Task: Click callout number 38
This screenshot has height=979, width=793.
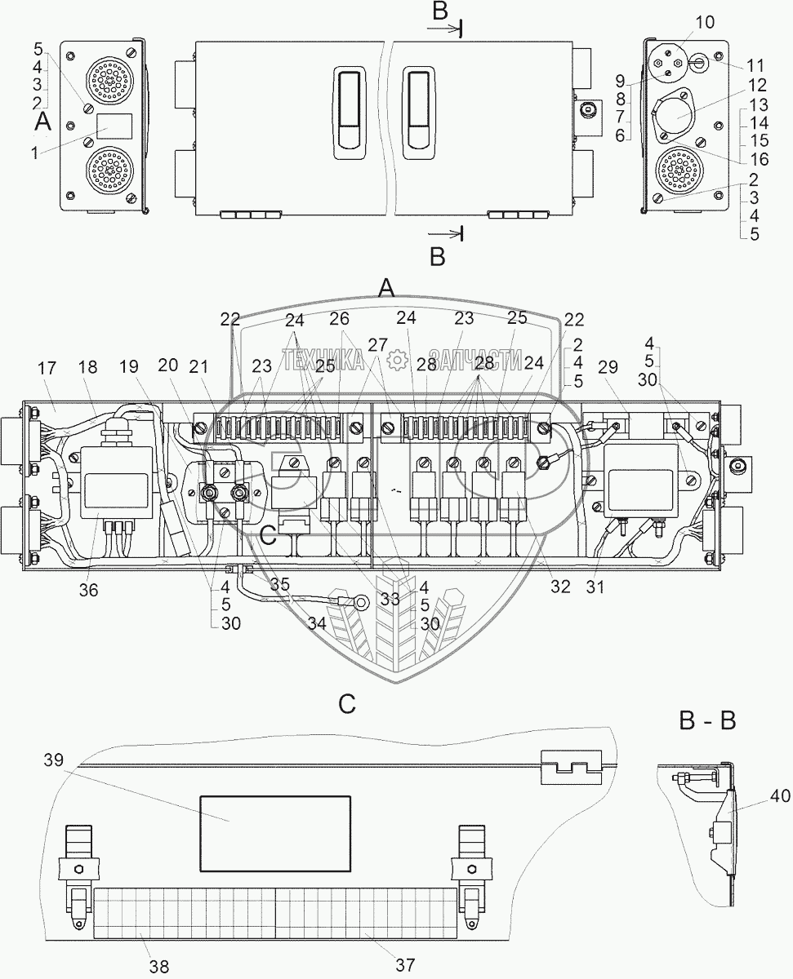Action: [x=160, y=966]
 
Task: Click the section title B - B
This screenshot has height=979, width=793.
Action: [x=707, y=721]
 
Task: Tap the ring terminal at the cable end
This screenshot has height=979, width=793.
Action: [x=359, y=601]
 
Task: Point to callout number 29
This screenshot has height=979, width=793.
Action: [x=608, y=369]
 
